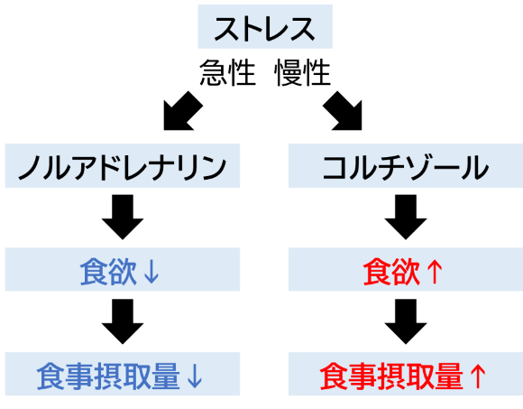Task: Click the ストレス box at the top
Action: pyautogui.click(x=265, y=27)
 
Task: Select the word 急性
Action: pyautogui.click(x=228, y=73)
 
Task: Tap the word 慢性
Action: pyautogui.click(x=302, y=73)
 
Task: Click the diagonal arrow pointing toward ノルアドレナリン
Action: pyautogui.click(x=183, y=111)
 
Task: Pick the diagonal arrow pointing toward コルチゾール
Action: pyautogui.click(x=343, y=111)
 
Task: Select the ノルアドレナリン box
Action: pyautogui.click(x=123, y=165)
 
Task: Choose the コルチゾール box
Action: pyautogui.click(x=406, y=165)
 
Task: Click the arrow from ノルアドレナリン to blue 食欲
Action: pyautogui.click(x=123, y=217)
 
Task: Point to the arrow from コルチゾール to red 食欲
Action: pyautogui.click(x=406, y=217)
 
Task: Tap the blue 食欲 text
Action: pyautogui.click(x=108, y=272)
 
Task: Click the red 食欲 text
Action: pyautogui.click(x=391, y=272)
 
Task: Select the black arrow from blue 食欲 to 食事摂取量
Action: pyautogui.click(x=123, y=321)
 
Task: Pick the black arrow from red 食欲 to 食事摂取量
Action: pyautogui.click(x=406, y=321)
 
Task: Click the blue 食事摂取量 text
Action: pyautogui.click(x=108, y=376)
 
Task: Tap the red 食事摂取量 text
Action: pyautogui.click(x=391, y=376)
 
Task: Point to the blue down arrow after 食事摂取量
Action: pyautogui.click(x=195, y=376)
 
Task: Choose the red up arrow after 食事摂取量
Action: pyautogui.click(x=478, y=376)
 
